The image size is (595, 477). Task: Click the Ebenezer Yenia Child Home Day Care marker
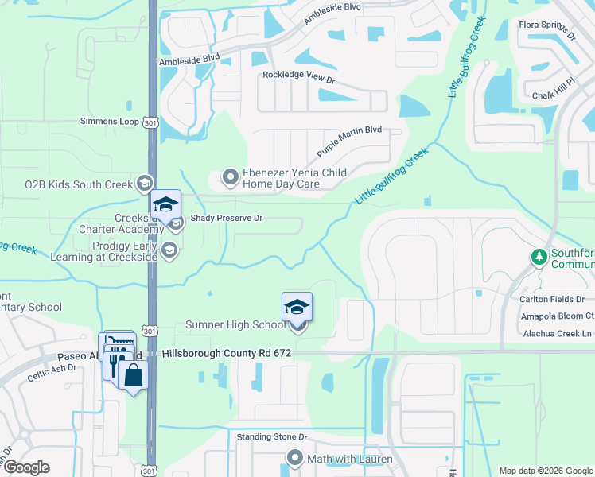tap(230, 176)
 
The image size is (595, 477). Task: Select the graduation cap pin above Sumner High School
tap(297, 307)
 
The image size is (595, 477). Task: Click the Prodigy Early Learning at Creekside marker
tap(169, 251)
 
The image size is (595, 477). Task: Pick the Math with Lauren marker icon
tap(295, 458)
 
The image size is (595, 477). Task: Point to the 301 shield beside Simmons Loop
tap(151, 122)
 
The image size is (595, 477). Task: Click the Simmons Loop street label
tap(110, 122)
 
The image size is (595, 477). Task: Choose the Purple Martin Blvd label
tap(349, 141)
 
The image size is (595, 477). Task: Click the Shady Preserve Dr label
tap(226, 218)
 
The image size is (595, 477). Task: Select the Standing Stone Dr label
tap(272, 437)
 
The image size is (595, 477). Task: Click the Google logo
tap(25, 467)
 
